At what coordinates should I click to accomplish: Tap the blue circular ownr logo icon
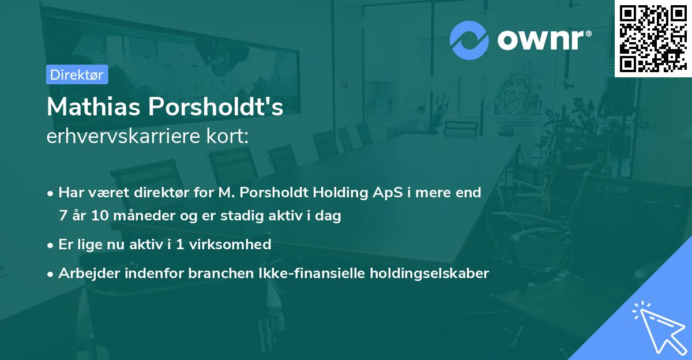click(x=469, y=40)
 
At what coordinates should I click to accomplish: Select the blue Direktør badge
click(x=77, y=74)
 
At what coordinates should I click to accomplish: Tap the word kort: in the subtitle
click(x=229, y=137)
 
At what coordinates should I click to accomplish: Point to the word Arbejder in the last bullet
click(x=85, y=273)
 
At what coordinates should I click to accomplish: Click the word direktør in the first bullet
click(x=153, y=192)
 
